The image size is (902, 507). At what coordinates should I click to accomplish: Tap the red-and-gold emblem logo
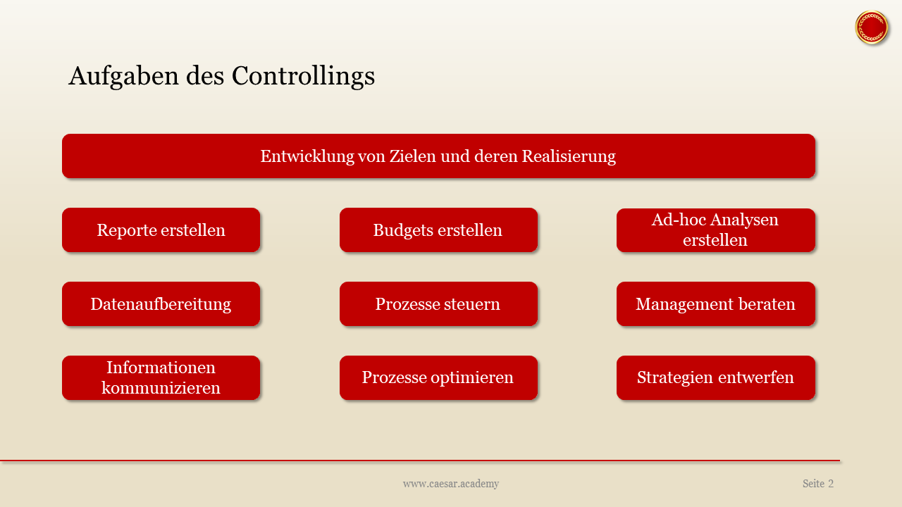[x=872, y=27]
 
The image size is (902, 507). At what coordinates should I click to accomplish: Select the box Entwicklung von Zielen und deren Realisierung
[x=438, y=156]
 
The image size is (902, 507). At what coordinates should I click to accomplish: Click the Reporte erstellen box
[x=161, y=230]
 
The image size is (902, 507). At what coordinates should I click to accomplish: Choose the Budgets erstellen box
[x=438, y=230]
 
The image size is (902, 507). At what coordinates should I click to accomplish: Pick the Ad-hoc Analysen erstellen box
[x=715, y=230]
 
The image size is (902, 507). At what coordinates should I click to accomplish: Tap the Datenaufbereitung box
[x=161, y=304]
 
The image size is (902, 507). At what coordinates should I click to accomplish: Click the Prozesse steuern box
[x=438, y=304]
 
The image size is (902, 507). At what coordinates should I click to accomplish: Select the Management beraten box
[x=715, y=304]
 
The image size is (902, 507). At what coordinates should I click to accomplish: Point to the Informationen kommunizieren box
[x=161, y=378]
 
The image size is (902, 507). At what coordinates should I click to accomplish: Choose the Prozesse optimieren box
[x=438, y=378]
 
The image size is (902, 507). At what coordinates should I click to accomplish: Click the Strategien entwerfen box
[x=715, y=378]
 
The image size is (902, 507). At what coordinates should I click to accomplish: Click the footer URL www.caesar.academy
[x=451, y=484]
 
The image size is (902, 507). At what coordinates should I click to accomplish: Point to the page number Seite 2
[x=817, y=484]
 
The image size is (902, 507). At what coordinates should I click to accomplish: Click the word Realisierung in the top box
[x=568, y=156]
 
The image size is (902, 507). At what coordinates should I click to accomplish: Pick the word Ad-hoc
[x=676, y=220]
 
